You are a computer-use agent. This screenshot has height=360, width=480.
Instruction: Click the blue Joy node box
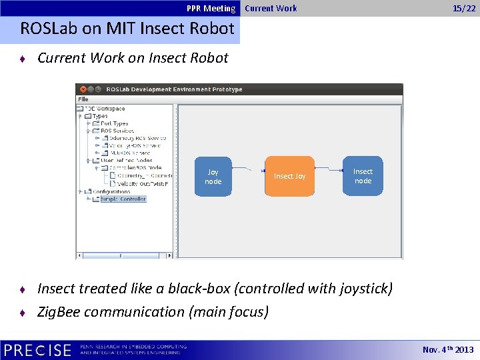[x=213, y=176]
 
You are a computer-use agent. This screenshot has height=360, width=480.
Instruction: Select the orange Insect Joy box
[x=289, y=176]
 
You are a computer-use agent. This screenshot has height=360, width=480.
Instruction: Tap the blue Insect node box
[x=363, y=176]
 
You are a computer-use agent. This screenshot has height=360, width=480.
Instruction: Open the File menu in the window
[x=83, y=99]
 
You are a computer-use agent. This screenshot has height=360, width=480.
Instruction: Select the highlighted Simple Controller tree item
[x=123, y=199]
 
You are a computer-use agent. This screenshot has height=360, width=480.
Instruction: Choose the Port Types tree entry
[x=114, y=123]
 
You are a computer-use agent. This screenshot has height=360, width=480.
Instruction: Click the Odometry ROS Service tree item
[x=137, y=138]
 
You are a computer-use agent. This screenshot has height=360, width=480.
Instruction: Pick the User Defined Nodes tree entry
[x=126, y=161]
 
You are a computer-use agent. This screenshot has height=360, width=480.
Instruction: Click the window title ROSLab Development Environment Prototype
[x=174, y=89]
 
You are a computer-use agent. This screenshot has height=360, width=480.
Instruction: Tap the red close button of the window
[x=83, y=89]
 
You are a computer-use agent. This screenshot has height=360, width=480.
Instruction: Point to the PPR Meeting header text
[x=211, y=9]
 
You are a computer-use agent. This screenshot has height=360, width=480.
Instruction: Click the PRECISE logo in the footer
[x=37, y=350]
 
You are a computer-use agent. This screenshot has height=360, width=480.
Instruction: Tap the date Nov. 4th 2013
[x=448, y=350]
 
